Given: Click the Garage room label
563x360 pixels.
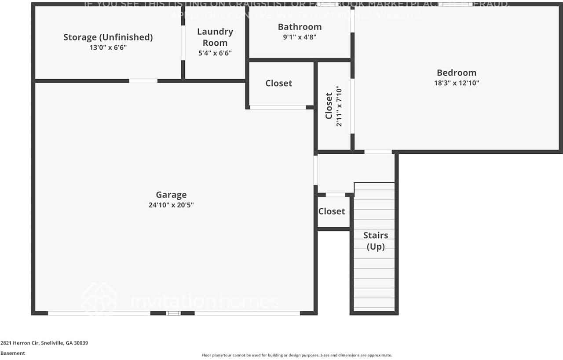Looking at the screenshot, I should (171, 195).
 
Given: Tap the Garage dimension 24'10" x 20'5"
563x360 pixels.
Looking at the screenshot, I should (171, 205).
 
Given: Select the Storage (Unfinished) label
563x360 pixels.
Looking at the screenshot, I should (108, 37).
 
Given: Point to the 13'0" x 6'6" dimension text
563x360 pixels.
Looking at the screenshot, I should (108, 47).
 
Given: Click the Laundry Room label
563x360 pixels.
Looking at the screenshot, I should (215, 37).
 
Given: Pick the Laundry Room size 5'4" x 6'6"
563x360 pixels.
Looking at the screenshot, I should (215, 53).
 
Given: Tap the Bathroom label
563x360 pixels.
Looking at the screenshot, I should (300, 27).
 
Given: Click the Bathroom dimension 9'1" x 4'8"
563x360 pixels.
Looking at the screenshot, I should (300, 37).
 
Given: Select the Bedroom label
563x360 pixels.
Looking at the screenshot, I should (456, 73).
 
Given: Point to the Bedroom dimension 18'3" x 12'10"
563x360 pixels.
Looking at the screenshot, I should (456, 83).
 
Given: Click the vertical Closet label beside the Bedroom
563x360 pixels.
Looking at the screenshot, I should (329, 106).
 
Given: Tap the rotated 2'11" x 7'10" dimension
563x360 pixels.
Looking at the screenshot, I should (339, 106).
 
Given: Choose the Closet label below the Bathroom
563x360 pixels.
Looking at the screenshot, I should (278, 83).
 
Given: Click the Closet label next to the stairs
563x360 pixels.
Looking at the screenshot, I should (331, 211).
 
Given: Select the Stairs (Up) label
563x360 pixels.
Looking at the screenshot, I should (375, 241).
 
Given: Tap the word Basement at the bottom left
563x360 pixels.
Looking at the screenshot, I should (13, 353).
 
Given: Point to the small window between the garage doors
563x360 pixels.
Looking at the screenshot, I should (173, 313).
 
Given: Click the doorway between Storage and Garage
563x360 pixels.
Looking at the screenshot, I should (143, 81).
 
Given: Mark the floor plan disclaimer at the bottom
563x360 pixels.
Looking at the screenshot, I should (296, 355).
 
